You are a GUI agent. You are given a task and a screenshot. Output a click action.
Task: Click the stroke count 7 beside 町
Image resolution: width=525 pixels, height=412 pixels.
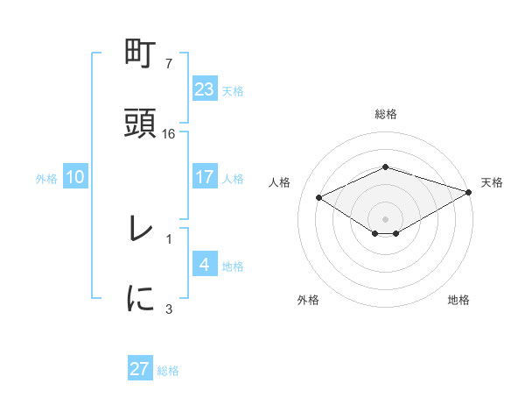pos(169,64)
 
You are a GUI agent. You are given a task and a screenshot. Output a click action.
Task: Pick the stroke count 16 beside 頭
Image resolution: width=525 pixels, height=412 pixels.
pos(169,134)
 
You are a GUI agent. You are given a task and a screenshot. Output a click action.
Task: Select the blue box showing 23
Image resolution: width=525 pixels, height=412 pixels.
pos(205,89)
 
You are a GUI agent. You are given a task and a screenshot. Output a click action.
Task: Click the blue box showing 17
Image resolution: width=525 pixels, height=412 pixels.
pos(205,177)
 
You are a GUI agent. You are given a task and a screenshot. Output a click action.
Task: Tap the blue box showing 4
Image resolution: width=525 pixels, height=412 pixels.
pos(205,265)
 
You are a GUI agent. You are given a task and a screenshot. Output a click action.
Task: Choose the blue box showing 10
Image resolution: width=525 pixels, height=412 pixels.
pos(75,177)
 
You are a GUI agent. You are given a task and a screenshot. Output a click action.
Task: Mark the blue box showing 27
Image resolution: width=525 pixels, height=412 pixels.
pos(140,369)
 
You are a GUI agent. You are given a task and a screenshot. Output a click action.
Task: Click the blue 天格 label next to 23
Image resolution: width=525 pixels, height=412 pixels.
pos(233,90)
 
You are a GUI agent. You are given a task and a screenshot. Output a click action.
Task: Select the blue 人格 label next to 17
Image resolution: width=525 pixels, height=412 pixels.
pos(233,178)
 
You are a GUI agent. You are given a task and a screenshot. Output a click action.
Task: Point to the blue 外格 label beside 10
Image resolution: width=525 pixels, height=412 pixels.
pos(46,178)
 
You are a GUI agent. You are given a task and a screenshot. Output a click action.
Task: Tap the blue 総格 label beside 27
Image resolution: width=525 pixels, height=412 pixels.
pos(168,370)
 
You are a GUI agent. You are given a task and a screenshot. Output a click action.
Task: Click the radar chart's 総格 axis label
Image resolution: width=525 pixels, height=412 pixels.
pos(386,114)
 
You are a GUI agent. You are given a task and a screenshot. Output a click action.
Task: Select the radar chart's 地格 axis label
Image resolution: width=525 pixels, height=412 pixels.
pos(458,300)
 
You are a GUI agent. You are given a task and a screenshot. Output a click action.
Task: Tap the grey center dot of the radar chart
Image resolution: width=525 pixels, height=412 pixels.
pos(385,218)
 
